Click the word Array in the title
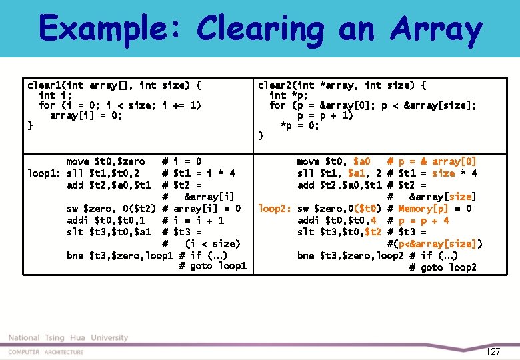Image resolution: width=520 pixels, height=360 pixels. (436, 29)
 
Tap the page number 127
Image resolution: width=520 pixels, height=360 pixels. (493, 351)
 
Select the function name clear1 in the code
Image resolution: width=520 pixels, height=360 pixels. (44, 85)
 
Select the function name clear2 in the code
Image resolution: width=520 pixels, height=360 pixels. (275, 85)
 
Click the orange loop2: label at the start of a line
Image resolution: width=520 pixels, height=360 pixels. (275, 209)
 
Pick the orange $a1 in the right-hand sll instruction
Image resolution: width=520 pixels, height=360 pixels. (369, 173)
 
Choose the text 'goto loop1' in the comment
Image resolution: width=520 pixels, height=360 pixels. (213, 267)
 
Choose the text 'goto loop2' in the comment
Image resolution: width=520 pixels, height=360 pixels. (443, 267)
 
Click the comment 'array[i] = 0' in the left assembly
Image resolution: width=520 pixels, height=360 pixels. (207, 209)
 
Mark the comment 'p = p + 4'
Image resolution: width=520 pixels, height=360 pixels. (424, 221)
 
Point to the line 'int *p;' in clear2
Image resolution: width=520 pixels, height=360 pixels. (291, 95)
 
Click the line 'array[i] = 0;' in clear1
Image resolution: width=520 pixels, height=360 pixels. (87, 115)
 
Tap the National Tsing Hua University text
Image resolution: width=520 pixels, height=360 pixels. (68, 338)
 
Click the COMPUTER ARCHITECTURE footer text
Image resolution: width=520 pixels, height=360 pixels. (46, 352)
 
